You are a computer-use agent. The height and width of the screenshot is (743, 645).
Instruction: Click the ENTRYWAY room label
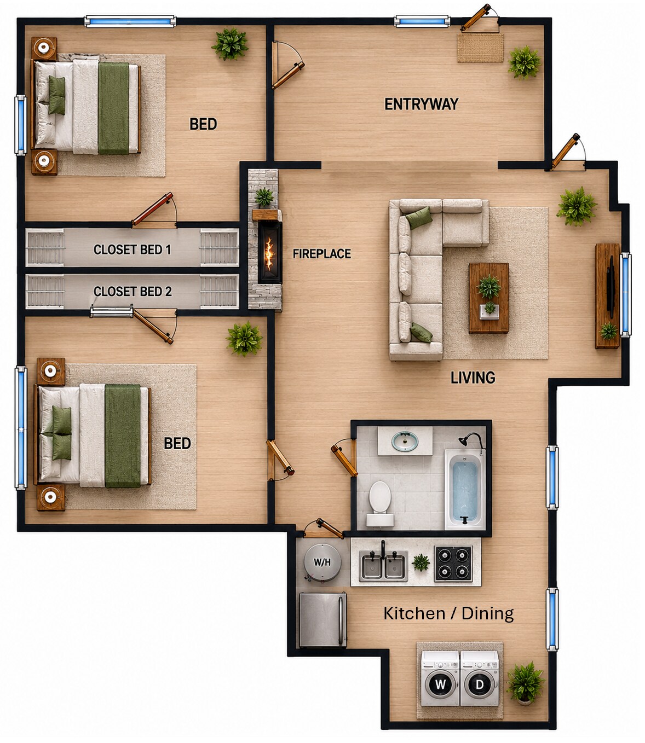(421, 104)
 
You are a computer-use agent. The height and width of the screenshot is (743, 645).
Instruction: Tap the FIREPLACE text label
(321, 253)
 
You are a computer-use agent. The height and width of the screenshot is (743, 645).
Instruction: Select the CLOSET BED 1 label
(132, 249)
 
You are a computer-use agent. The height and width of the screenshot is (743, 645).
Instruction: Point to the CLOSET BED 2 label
(133, 291)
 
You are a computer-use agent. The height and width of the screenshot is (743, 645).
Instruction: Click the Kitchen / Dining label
(448, 613)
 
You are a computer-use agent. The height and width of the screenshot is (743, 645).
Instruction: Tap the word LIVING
(473, 378)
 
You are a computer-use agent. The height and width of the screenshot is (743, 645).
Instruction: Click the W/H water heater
(322, 562)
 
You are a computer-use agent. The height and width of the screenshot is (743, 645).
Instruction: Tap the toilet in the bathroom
(380, 503)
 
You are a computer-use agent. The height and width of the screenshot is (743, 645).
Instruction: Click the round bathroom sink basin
(405, 442)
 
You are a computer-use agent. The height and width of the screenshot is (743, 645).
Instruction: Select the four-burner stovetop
(453, 563)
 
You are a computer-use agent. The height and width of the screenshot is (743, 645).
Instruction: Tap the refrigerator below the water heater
(322, 619)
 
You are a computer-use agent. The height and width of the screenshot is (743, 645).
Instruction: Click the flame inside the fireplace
(269, 253)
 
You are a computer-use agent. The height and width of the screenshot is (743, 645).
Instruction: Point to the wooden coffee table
(488, 298)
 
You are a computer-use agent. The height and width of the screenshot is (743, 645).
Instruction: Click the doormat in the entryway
(480, 48)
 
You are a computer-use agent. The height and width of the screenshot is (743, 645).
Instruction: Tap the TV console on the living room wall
(607, 296)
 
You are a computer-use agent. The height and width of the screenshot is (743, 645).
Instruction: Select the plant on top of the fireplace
(264, 198)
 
